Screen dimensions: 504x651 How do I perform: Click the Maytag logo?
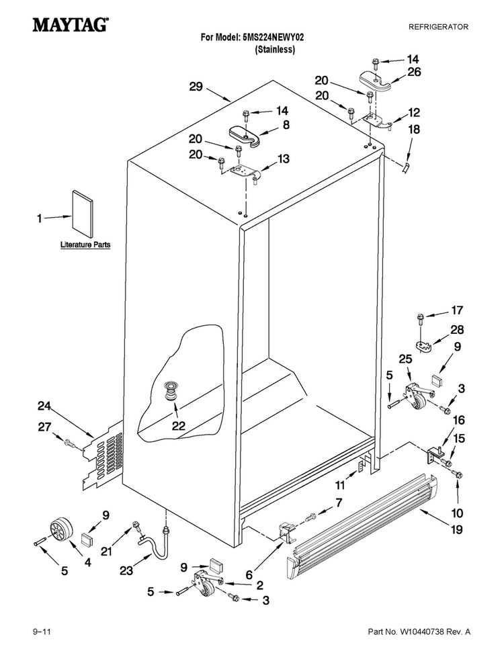pyautogui.click(x=71, y=25)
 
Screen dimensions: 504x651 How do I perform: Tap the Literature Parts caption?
pyautogui.click(x=85, y=245)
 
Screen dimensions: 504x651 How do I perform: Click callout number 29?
pyautogui.click(x=196, y=87)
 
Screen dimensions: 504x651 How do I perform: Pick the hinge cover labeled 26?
pyautogui.click(x=375, y=81)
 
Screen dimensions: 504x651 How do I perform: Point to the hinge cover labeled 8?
pyautogui.click(x=245, y=135)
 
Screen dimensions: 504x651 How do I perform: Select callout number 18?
pyautogui.click(x=414, y=130)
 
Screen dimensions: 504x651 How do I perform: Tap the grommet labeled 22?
pyautogui.click(x=171, y=391)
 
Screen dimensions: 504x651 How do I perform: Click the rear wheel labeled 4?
pyautogui.click(x=60, y=531)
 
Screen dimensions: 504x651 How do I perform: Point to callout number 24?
pyautogui.click(x=44, y=406)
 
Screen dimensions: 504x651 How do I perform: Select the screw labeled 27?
pyautogui.click(x=69, y=443)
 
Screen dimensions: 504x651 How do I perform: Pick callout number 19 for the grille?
pyautogui.click(x=457, y=530)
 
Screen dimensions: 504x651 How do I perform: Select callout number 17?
pyautogui.click(x=457, y=310)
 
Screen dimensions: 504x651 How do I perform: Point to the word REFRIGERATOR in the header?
pyautogui.click(x=438, y=27)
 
